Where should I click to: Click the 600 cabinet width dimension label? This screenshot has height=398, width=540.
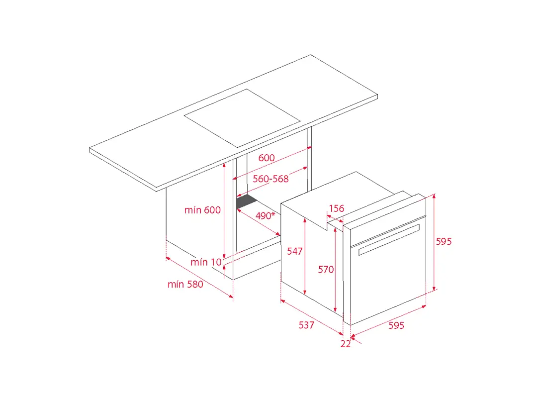(267, 158)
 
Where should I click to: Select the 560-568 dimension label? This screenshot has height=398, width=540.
(270, 179)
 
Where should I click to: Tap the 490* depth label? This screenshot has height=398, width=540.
(265, 216)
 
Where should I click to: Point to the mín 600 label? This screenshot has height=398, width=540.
(202, 210)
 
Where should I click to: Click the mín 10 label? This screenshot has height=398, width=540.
(206, 262)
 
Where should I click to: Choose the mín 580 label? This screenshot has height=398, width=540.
(185, 284)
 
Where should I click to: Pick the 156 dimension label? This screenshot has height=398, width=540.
(337, 208)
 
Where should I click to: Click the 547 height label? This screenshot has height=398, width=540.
(295, 251)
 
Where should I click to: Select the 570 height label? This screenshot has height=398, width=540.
(326, 270)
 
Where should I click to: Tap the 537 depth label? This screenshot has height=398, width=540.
(306, 325)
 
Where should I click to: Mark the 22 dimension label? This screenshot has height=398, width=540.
(346, 344)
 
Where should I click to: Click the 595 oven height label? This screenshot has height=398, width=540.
(444, 242)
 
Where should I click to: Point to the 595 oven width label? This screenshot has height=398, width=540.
(396, 326)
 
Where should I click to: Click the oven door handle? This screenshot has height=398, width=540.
(389, 240)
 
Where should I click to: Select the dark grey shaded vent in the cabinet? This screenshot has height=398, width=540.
(247, 201)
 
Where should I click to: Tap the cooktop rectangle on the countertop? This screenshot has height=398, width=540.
(242, 118)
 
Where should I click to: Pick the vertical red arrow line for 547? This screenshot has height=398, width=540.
(305, 256)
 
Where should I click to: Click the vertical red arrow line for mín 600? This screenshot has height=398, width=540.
(224, 211)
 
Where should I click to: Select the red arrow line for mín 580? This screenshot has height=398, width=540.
(200, 277)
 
